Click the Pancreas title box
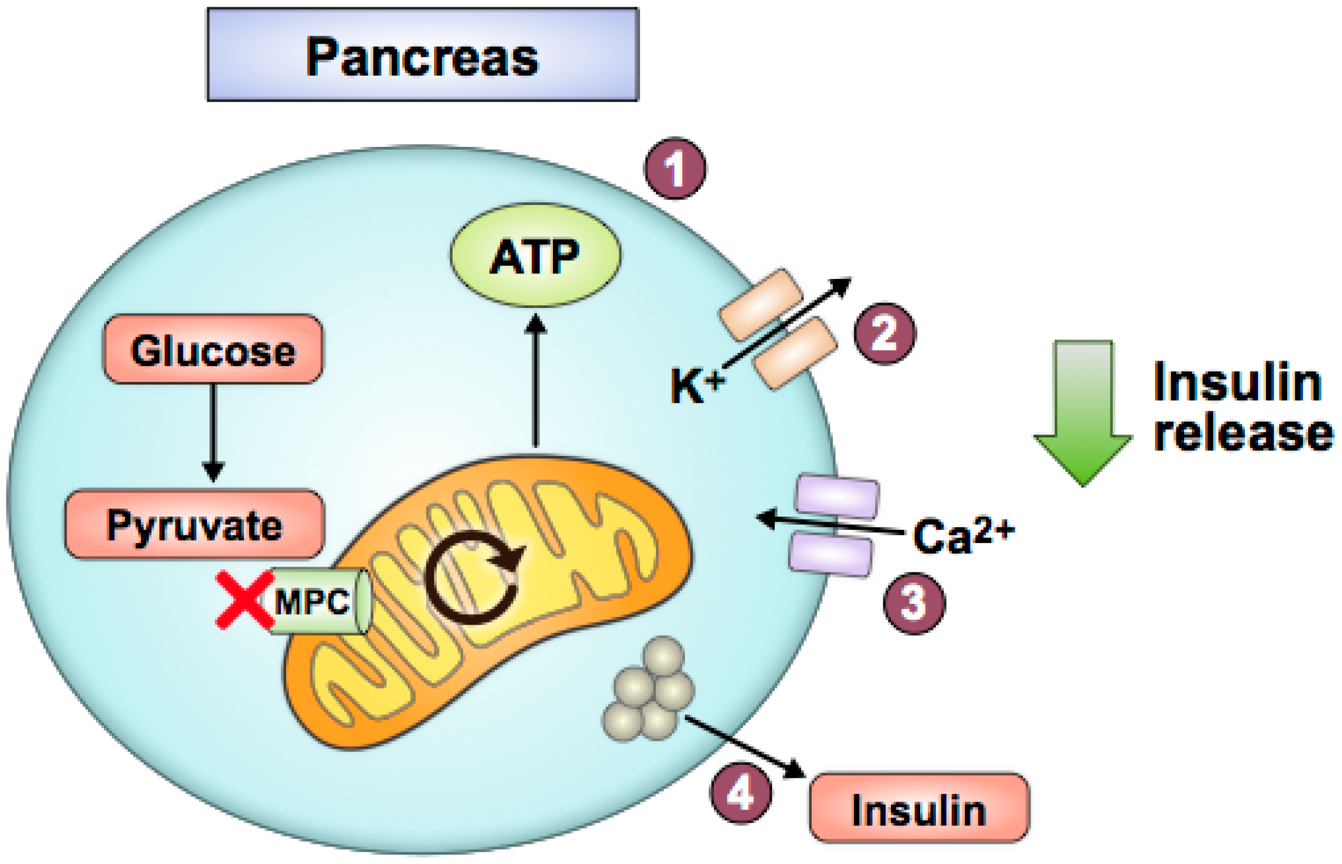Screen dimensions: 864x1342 (x=422, y=54)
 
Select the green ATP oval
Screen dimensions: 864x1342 (x=535, y=256)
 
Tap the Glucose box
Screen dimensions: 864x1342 (x=213, y=350)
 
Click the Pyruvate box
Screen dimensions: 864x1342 (x=194, y=524)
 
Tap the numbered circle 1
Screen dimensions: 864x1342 (x=675, y=168)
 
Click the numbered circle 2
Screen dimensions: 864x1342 (x=884, y=334)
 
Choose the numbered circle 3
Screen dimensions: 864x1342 (x=913, y=604)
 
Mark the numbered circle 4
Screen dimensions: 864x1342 (x=740, y=794)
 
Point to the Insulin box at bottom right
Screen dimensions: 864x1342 (x=918, y=809)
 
